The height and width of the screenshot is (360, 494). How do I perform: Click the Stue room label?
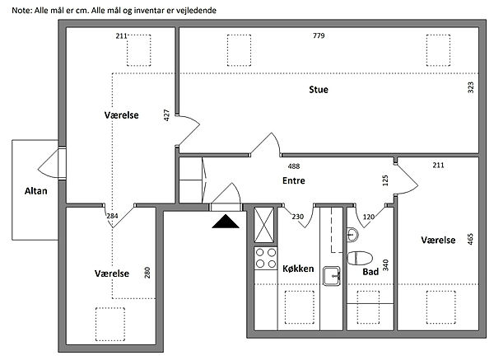click(x=319, y=90)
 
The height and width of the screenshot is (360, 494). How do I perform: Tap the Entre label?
click(x=294, y=180)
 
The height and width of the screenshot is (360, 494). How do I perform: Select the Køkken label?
click(x=298, y=269)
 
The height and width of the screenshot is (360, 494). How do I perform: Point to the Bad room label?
click(x=370, y=272)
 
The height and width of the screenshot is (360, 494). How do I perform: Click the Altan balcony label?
click(x=36, y=191)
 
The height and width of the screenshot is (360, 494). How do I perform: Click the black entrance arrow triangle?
click(x=226, y=221)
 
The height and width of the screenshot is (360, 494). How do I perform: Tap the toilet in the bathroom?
click(x=360, y=258)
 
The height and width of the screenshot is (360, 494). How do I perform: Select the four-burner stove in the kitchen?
click(x=266, y=258)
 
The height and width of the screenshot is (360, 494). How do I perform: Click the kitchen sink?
click(x=332, y=276)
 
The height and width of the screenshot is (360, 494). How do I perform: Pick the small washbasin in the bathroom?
click(x=352, y=235)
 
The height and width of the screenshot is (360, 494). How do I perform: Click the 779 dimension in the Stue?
click(x=319, y=35)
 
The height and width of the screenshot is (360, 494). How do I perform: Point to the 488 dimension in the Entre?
click(x=294, y=166)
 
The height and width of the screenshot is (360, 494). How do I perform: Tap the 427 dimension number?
click(x=166, y=115)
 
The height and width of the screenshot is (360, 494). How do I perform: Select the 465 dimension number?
click(x=470, y=239)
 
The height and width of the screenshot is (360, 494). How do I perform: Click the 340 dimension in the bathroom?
click(x=385, y=265)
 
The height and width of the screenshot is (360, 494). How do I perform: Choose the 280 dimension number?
click(x=147, y=273)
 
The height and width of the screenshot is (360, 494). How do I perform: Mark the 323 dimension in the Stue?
click(x=470, y=87)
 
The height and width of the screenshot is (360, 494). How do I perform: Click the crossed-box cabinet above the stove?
click(x=264, y=225)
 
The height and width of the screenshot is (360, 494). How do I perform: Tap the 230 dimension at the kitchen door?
click(x=298, y=217)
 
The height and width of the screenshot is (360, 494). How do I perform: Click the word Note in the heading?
click(x=21, y=11)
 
